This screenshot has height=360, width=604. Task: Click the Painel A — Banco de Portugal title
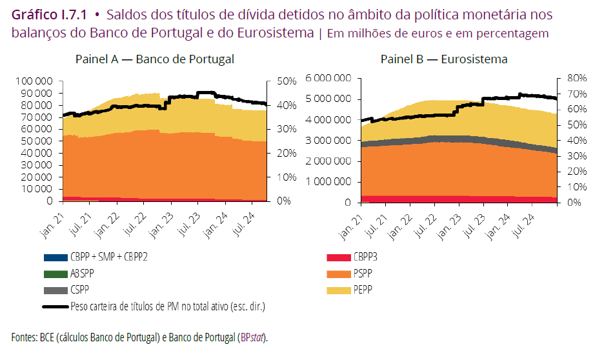click(154, 59)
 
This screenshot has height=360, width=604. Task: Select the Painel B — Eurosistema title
click(443, 59)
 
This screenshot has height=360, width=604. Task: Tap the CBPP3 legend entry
click(365, 257)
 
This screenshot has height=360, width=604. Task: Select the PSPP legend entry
click(362, 274)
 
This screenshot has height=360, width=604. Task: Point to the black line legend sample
click(56, 307)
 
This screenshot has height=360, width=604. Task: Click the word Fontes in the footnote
click(25, 337)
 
